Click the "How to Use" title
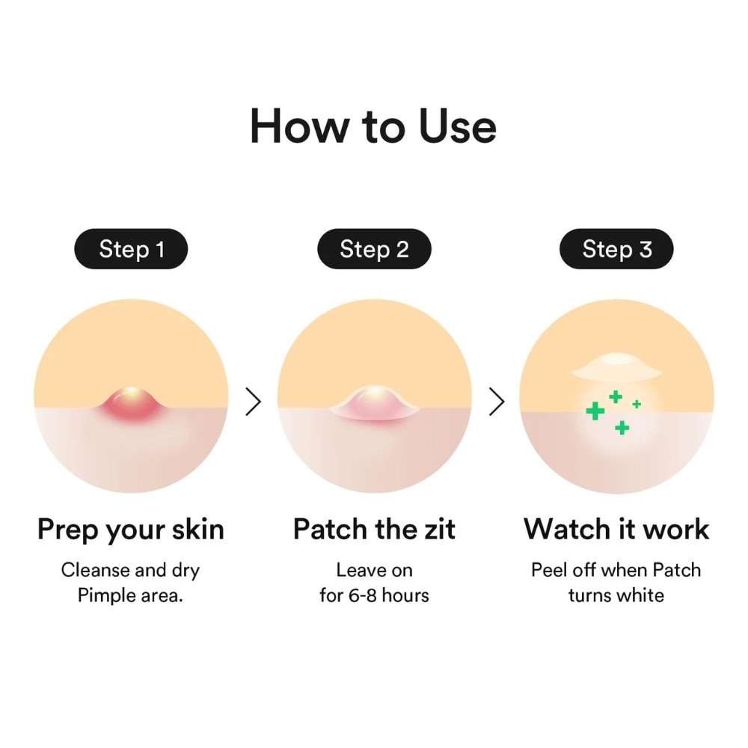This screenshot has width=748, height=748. click(x=373, y=126)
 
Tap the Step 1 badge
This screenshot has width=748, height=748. click(x=131, y=249)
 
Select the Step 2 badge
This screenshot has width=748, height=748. click(x=374, y=249)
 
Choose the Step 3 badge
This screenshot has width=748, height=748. click(x=616, y=249)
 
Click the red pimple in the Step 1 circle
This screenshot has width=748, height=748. click(x=131, y=404)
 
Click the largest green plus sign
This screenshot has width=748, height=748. click(x=595, y=411)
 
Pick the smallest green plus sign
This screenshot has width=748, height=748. click(x=637, y=404)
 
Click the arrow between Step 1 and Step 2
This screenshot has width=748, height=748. click(x=254, y=402)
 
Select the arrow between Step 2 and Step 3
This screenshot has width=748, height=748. click(x=496, y=402)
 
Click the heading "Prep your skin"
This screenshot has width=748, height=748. click(x=131, y=530)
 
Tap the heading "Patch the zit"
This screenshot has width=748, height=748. click(x=374, y=530)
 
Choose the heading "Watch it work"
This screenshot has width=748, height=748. click(x=616, y=530)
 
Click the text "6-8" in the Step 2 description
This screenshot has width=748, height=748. click(x=360, y=596)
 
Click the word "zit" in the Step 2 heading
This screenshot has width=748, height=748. click(x=437, y=530)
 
